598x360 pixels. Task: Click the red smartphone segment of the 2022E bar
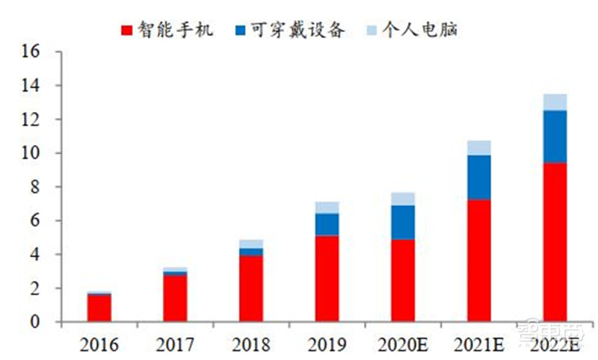pos(555,242)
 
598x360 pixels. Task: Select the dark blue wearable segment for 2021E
pos(478,177)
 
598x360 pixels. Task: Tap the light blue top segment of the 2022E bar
pos(555,102)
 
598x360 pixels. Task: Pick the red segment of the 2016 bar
pos(99,308)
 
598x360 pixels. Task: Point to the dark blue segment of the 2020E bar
pos(402,222)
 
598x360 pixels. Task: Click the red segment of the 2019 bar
pos(327,279)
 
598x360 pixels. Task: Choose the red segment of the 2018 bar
pos(250,288)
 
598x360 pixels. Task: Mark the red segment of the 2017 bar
pos(175,298)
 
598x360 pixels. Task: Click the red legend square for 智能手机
pos(127,30)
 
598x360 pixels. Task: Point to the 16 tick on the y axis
pos(30,52)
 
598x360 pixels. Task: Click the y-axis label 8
pos(34,187)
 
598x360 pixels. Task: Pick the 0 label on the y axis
pos(34,322)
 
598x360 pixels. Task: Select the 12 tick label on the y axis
pos(30,120)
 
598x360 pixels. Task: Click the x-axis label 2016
pos(99,344)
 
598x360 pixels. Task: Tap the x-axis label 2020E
pos(402,344)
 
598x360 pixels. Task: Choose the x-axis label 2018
pos(250,344)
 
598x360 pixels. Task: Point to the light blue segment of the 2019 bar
pos(327,208)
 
